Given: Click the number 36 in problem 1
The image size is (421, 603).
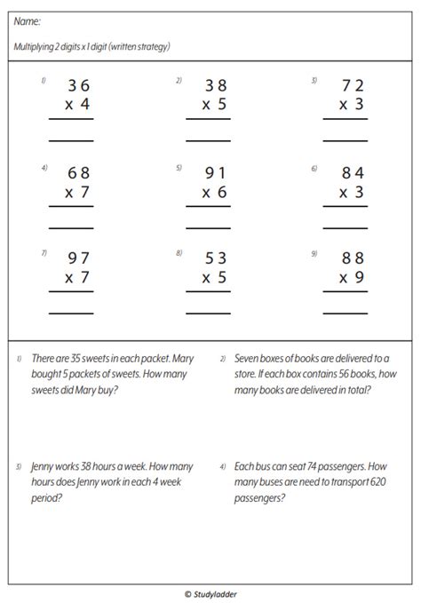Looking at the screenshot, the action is pos(78,86).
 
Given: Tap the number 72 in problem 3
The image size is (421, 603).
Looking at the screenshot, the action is pos(352,86).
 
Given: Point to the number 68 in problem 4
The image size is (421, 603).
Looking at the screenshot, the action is pos(78,173).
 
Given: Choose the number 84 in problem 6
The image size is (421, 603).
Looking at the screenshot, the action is pos(352,173).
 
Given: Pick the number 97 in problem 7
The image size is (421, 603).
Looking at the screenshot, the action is pos(78,259).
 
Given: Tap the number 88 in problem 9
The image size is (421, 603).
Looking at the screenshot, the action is pos(352,259).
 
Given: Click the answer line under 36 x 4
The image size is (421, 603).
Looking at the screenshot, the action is pos(71,141).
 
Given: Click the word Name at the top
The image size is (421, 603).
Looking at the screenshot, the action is pos(28,20).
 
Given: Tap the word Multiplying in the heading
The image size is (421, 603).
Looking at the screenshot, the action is pos(36,46).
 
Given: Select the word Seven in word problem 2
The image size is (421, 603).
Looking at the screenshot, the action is pos(250,359).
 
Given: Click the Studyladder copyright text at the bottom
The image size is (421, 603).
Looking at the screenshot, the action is pos(210,591).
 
